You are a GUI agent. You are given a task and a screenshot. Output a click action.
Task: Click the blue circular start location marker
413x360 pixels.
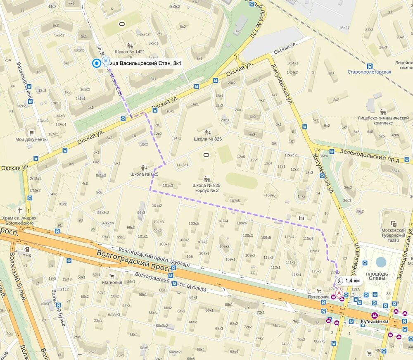97,63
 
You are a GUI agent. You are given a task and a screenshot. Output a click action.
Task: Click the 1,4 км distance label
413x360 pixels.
352,281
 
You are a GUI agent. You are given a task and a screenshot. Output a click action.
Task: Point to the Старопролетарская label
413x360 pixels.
369,72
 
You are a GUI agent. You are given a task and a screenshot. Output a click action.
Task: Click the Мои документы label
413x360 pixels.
31,140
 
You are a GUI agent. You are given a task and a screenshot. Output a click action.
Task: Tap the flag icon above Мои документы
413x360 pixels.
31,133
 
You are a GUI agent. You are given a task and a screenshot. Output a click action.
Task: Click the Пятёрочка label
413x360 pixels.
318,297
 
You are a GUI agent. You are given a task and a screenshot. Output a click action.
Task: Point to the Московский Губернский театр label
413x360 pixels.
393,235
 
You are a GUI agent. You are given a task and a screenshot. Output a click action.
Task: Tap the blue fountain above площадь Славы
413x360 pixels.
381,262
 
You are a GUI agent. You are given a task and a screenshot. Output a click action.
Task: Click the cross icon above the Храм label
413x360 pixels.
19,210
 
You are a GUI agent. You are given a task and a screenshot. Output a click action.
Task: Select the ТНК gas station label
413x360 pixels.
27,255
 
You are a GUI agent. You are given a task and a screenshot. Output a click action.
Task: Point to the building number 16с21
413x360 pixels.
344,28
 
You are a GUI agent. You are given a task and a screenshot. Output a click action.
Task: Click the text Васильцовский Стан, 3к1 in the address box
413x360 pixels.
147,63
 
